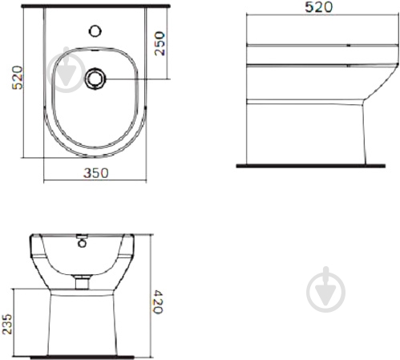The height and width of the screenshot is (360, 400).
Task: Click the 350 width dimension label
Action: pyautogui.click(x=96, y=173)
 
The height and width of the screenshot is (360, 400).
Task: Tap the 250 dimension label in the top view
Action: pyautogui.click(x=160, y=43)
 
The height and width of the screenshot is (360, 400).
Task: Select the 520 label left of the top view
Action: pyautogui.click(x=18, y=78)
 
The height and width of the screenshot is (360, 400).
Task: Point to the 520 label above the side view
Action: pyautogui.click(x=319, y=7)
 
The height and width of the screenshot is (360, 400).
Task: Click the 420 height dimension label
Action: pyautogui.click(x=158, y=301)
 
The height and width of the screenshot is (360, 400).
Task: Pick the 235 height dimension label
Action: pyautogui.click(x=7, y=324)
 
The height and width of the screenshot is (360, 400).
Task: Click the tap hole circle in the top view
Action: pyautogui.click(x=95, y=31)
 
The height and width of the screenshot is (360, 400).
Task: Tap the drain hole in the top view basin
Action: pyautogui.click(x=95, y=79)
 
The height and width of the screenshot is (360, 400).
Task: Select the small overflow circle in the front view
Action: pyautogui.click(x=82, y=244)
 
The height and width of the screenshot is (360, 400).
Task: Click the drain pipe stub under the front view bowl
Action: pyautogui.click(x=82, y=283)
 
